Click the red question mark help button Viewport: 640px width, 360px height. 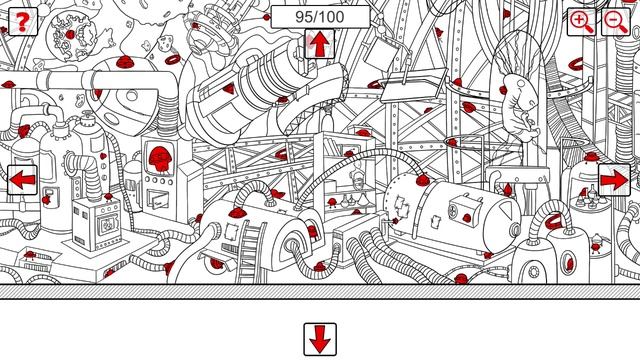click(22, 21)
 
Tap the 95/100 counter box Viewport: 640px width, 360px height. click(320, 17)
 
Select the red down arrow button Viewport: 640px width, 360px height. click(320, 339)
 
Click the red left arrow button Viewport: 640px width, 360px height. click(22, 180)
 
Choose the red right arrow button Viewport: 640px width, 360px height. click(614, 180)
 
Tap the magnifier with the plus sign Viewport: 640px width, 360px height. click(582, 21)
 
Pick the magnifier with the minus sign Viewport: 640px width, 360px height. click(616, 21)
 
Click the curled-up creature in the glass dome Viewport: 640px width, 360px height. click(520, 105)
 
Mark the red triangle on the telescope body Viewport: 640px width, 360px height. click(229, 88)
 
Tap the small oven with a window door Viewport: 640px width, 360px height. click(97, 223)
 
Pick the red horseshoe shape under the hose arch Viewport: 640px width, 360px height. click(553, 221)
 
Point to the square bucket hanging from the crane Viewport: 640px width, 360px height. click(380, 55)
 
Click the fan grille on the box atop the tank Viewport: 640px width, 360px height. click(453, 212)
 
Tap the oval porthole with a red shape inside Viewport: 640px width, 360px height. click(569, 263)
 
